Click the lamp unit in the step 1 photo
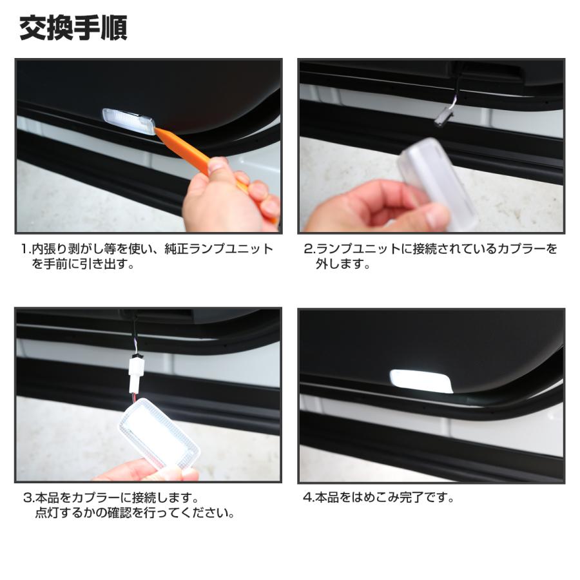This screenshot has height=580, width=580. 128,121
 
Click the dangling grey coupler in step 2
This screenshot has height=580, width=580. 443,117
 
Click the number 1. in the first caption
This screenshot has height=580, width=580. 25,249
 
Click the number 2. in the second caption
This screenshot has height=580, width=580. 309,249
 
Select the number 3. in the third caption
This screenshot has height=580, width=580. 28,498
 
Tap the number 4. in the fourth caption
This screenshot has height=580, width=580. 309,498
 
